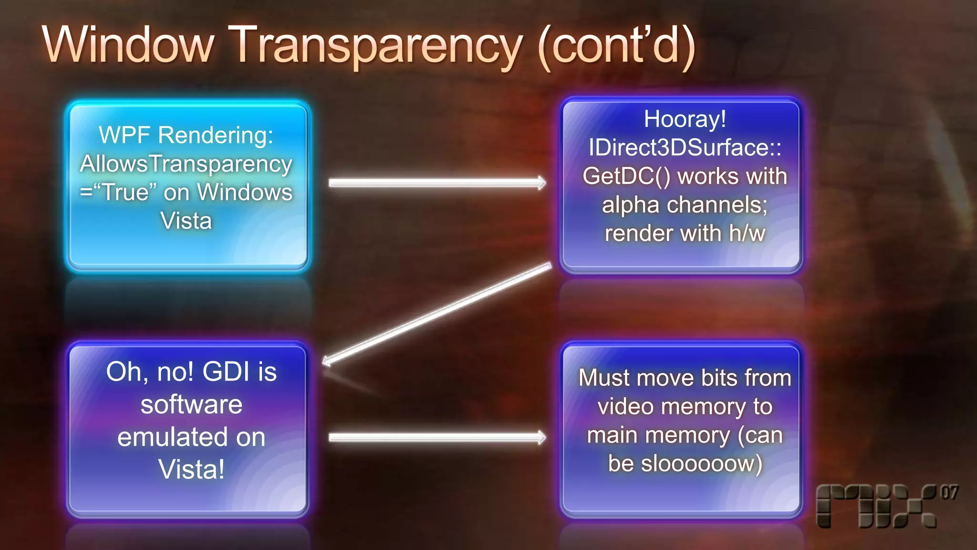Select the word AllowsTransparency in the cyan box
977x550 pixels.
click(x=186, y=164)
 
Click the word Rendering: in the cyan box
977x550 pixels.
click(x=216, y=135)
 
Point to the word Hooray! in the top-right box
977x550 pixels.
click(x=685, y=119)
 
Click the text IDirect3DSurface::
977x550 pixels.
click(x=685, y=148)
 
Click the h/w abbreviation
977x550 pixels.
click(x=747, y=233)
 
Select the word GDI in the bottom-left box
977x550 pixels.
click(x=226, y=372)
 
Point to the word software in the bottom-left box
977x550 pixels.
click(x=191, y=405)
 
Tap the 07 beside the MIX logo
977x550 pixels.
click(x=949, y=492)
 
